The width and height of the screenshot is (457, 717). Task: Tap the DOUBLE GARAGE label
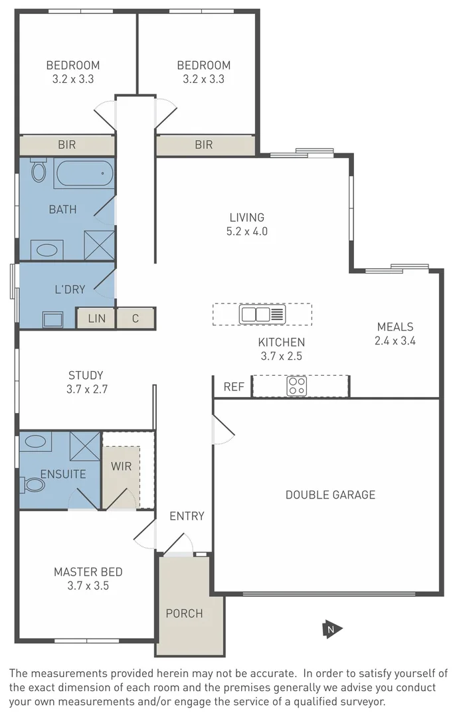click(330, 495)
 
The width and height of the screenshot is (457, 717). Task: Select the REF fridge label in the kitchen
click(234, 386)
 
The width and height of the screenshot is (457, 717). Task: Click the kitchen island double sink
click(256, 314)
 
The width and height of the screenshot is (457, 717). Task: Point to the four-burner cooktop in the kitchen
click(296, 386)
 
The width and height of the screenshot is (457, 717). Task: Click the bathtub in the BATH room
click(84, 174)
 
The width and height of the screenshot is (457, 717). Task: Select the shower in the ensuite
click(84, 445)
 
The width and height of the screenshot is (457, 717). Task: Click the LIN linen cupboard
click(96, 319)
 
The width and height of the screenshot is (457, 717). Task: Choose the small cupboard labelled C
click(136, 319)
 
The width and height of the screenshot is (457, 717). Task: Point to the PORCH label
click(184, 613)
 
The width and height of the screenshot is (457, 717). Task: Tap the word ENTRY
click(187, 516)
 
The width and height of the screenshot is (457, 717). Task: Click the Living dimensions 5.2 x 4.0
click(247, 232)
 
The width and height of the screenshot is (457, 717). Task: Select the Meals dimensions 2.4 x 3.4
click(395, 341)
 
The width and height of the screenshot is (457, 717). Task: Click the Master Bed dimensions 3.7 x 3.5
click(88, 586)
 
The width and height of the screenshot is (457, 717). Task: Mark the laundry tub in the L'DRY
click(52, 319)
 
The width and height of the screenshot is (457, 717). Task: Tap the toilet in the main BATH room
click(39, 171)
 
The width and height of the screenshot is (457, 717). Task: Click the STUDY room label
click(86, 375)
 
